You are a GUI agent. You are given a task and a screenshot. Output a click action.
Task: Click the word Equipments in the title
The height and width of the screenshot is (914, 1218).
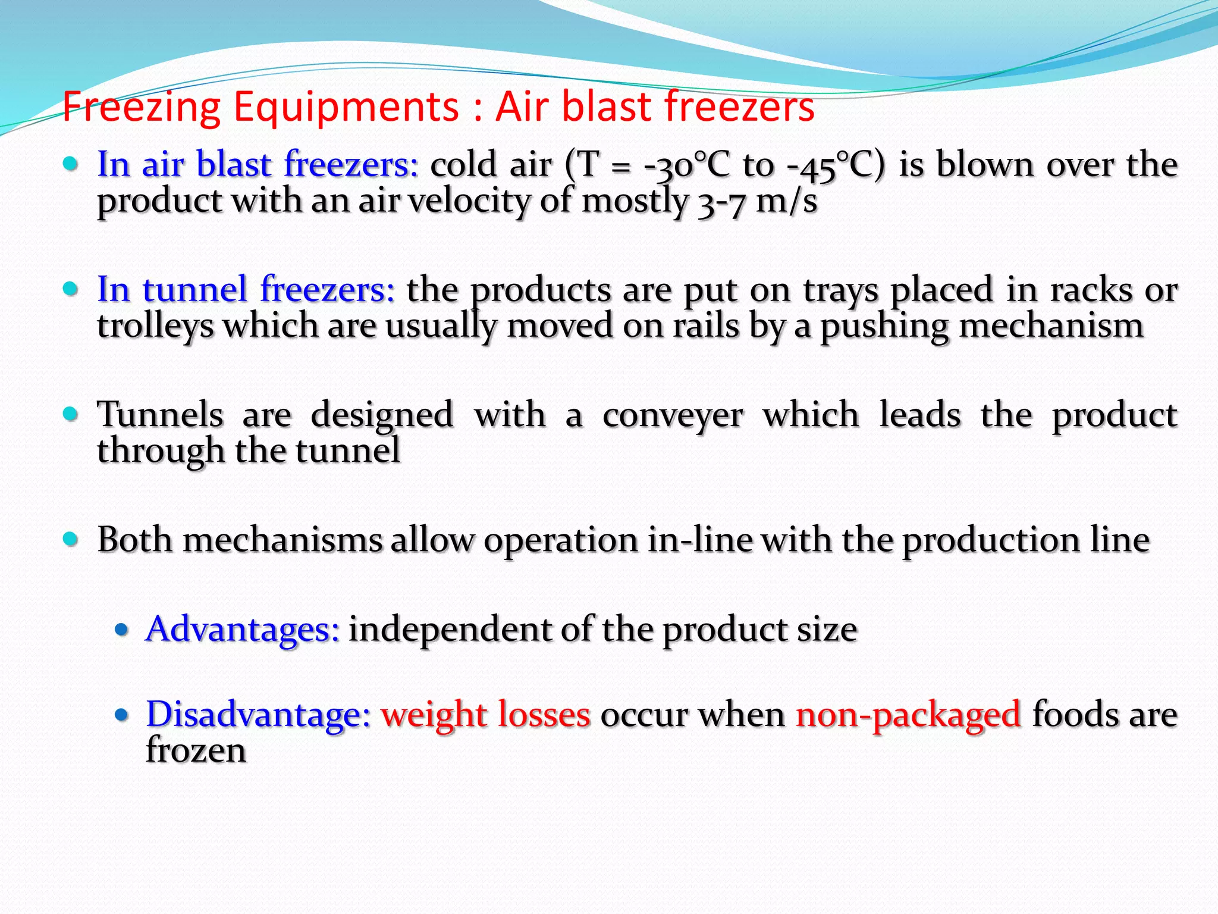(346, 107)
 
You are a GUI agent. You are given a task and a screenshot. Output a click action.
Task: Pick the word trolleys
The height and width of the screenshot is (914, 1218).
(156, 327)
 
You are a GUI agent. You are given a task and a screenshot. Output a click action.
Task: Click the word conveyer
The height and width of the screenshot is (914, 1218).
(673, 415)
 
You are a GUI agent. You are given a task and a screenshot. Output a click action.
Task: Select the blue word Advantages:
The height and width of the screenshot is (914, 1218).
(243, 629)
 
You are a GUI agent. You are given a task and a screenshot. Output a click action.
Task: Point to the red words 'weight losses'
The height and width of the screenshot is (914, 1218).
(485, 714)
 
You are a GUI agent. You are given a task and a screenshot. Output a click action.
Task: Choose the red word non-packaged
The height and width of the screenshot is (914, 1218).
(908, 714)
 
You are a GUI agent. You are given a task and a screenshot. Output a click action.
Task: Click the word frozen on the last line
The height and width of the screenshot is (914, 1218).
(196, 750)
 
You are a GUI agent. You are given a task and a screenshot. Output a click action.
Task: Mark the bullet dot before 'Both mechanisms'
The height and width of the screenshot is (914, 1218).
(71, 539)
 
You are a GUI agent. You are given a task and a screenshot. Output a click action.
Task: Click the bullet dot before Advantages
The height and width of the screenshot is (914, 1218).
(122, 630)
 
